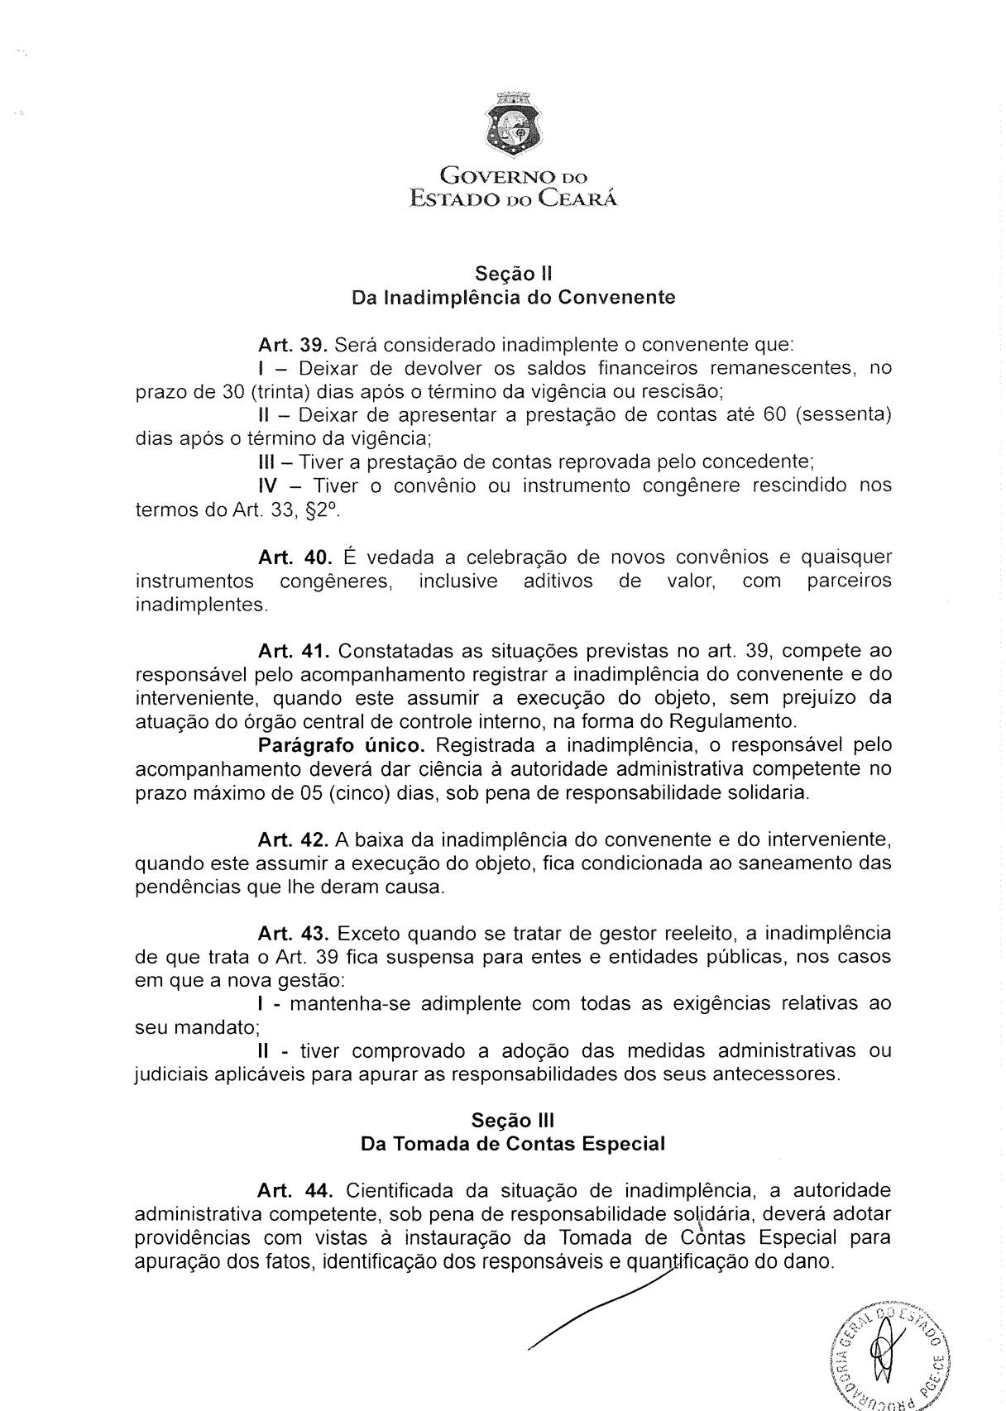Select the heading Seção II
click(x=513, y=273)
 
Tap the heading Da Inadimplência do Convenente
click(x=513, y=297)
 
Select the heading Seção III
click(x=513, y=1121)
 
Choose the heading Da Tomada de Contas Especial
click(x=513, y=1145)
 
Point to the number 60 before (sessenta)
click(x=774, y=414)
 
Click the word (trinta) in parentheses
click(x=281, y=391)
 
